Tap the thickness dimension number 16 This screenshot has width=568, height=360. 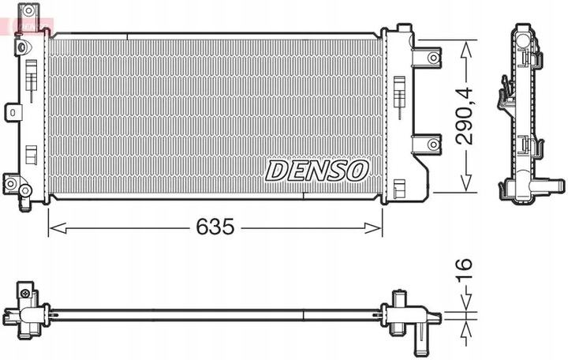466,272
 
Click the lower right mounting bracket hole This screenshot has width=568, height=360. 433,144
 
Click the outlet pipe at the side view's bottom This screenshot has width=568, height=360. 552,188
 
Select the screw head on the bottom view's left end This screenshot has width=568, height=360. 26,294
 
